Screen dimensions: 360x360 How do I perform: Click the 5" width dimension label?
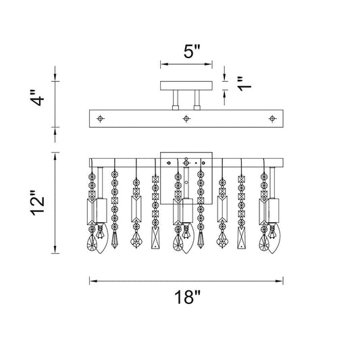[x=192, y=51]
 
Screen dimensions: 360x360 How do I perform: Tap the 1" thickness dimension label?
[x=245, y=84]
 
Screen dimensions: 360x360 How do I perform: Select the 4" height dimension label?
[x=38, y=97]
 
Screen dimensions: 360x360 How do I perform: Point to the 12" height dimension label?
[x=38, y=203]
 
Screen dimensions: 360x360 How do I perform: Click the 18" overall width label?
[x=187, y=297]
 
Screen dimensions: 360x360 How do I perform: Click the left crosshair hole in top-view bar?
[x=100, y=119]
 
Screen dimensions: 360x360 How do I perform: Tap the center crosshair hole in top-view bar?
[x=186, y=119]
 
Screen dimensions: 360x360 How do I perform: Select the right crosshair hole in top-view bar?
[x=272, y=119]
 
